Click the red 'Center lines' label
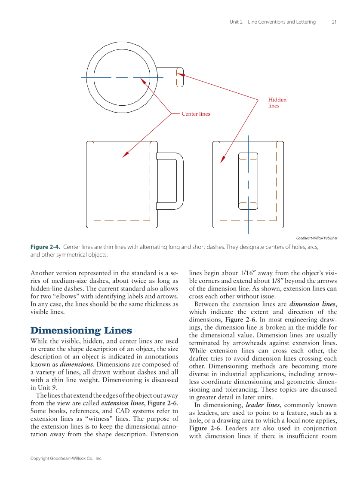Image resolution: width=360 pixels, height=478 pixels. click(196, 114)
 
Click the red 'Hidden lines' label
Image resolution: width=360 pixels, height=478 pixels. click(277, 103)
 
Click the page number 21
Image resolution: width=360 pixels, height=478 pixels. click(334, 22)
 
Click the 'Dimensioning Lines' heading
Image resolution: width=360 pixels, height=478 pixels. click(81, 331)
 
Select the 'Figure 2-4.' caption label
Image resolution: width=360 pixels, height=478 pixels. click(46, 247)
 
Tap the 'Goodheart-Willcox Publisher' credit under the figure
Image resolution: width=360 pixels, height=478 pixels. click(317, 238)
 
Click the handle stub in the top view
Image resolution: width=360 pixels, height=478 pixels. click(170, 77)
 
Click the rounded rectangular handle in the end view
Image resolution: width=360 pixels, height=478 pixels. click(248, 181)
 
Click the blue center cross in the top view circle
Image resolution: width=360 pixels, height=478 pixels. click(122, 77)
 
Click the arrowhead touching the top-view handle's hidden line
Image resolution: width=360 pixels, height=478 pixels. click(181, 75)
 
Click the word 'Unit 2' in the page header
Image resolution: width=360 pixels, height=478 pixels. click(236, 22)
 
